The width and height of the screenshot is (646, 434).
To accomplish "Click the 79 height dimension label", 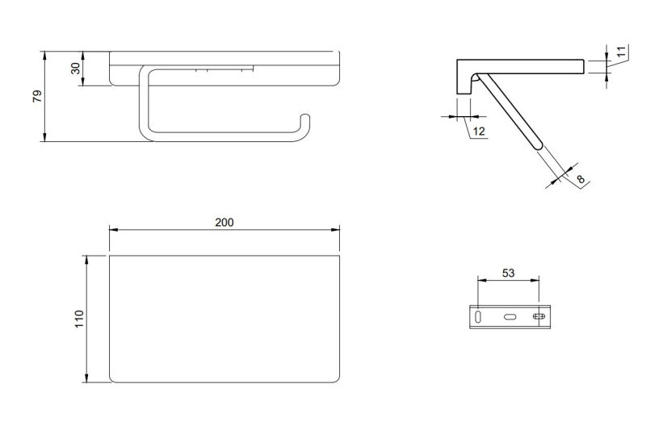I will (36, 96).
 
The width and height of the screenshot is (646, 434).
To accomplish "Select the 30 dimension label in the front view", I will (76, 69).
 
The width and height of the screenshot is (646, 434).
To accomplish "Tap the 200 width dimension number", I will (224, 222).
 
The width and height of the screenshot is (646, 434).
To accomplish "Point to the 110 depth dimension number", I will (79, 319).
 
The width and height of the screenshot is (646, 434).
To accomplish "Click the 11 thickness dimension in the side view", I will (620, 52).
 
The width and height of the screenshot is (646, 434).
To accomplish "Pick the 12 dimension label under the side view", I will (479, 131).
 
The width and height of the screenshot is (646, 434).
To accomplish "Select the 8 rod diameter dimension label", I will (579, 180).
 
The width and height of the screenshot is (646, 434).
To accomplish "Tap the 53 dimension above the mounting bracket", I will (508, 273).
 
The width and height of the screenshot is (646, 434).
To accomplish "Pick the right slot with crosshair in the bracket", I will (538, 318).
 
